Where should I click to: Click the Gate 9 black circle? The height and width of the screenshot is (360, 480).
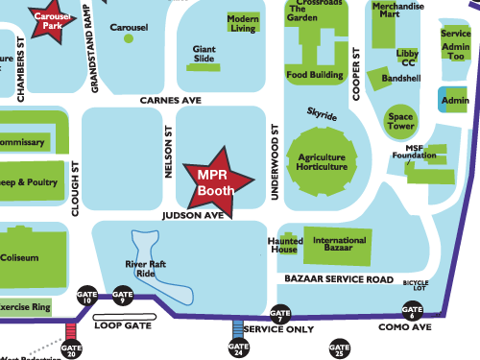[x=122, y=296]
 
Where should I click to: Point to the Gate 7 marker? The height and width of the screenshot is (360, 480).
[x=280, y=313]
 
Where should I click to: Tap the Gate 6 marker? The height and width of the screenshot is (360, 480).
[x=412, y=311]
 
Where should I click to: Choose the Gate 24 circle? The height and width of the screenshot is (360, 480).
[x=238, y=348]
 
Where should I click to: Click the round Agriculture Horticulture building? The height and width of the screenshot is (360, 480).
[x=322, y=161]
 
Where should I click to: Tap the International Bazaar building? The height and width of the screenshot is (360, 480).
[x=339, y=246]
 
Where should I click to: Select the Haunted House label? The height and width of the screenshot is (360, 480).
[x=285, y=246]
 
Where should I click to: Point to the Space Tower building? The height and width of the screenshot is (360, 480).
[x=400, y=123]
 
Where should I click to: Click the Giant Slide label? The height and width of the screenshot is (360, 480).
[x=204, y=53]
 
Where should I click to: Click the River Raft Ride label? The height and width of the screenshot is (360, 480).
[x=140, y=268]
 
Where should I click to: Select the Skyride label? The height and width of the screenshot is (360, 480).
[x=322, y=115]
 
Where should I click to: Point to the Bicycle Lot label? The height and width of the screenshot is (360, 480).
[x=415, y=285]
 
